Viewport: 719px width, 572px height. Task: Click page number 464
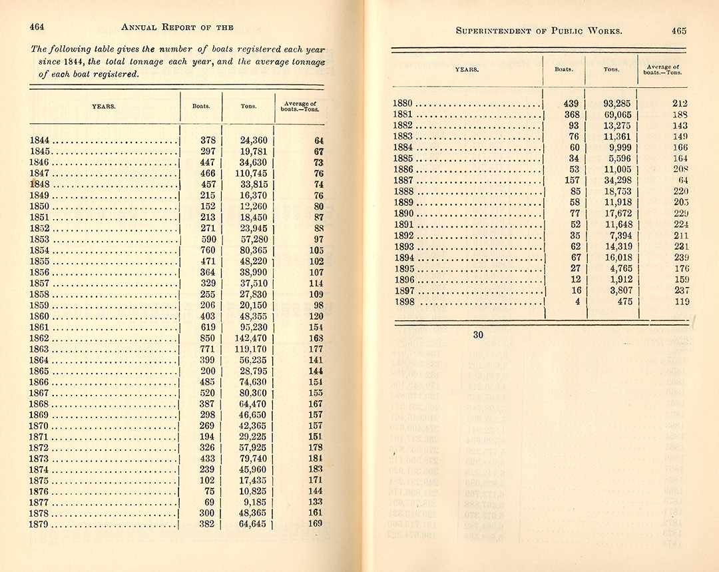tap(37, 27)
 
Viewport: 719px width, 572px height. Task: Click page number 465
tap(679, 31)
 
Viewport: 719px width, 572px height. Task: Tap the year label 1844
tap(40, 141)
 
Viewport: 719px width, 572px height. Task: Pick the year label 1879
tap(40, 523)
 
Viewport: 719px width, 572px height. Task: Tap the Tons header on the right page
tap(610, 69)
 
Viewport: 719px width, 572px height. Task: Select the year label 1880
tap(403, 103)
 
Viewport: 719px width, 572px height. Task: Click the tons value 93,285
tap(617, 103)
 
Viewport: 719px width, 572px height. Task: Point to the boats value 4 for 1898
tap(577, 302)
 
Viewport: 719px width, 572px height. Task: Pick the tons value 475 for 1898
tap(624, 302)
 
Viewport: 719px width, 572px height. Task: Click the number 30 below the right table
tap(478, 335)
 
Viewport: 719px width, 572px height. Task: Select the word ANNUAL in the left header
tap(138, 27)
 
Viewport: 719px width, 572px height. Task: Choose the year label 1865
tap(40, 370)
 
